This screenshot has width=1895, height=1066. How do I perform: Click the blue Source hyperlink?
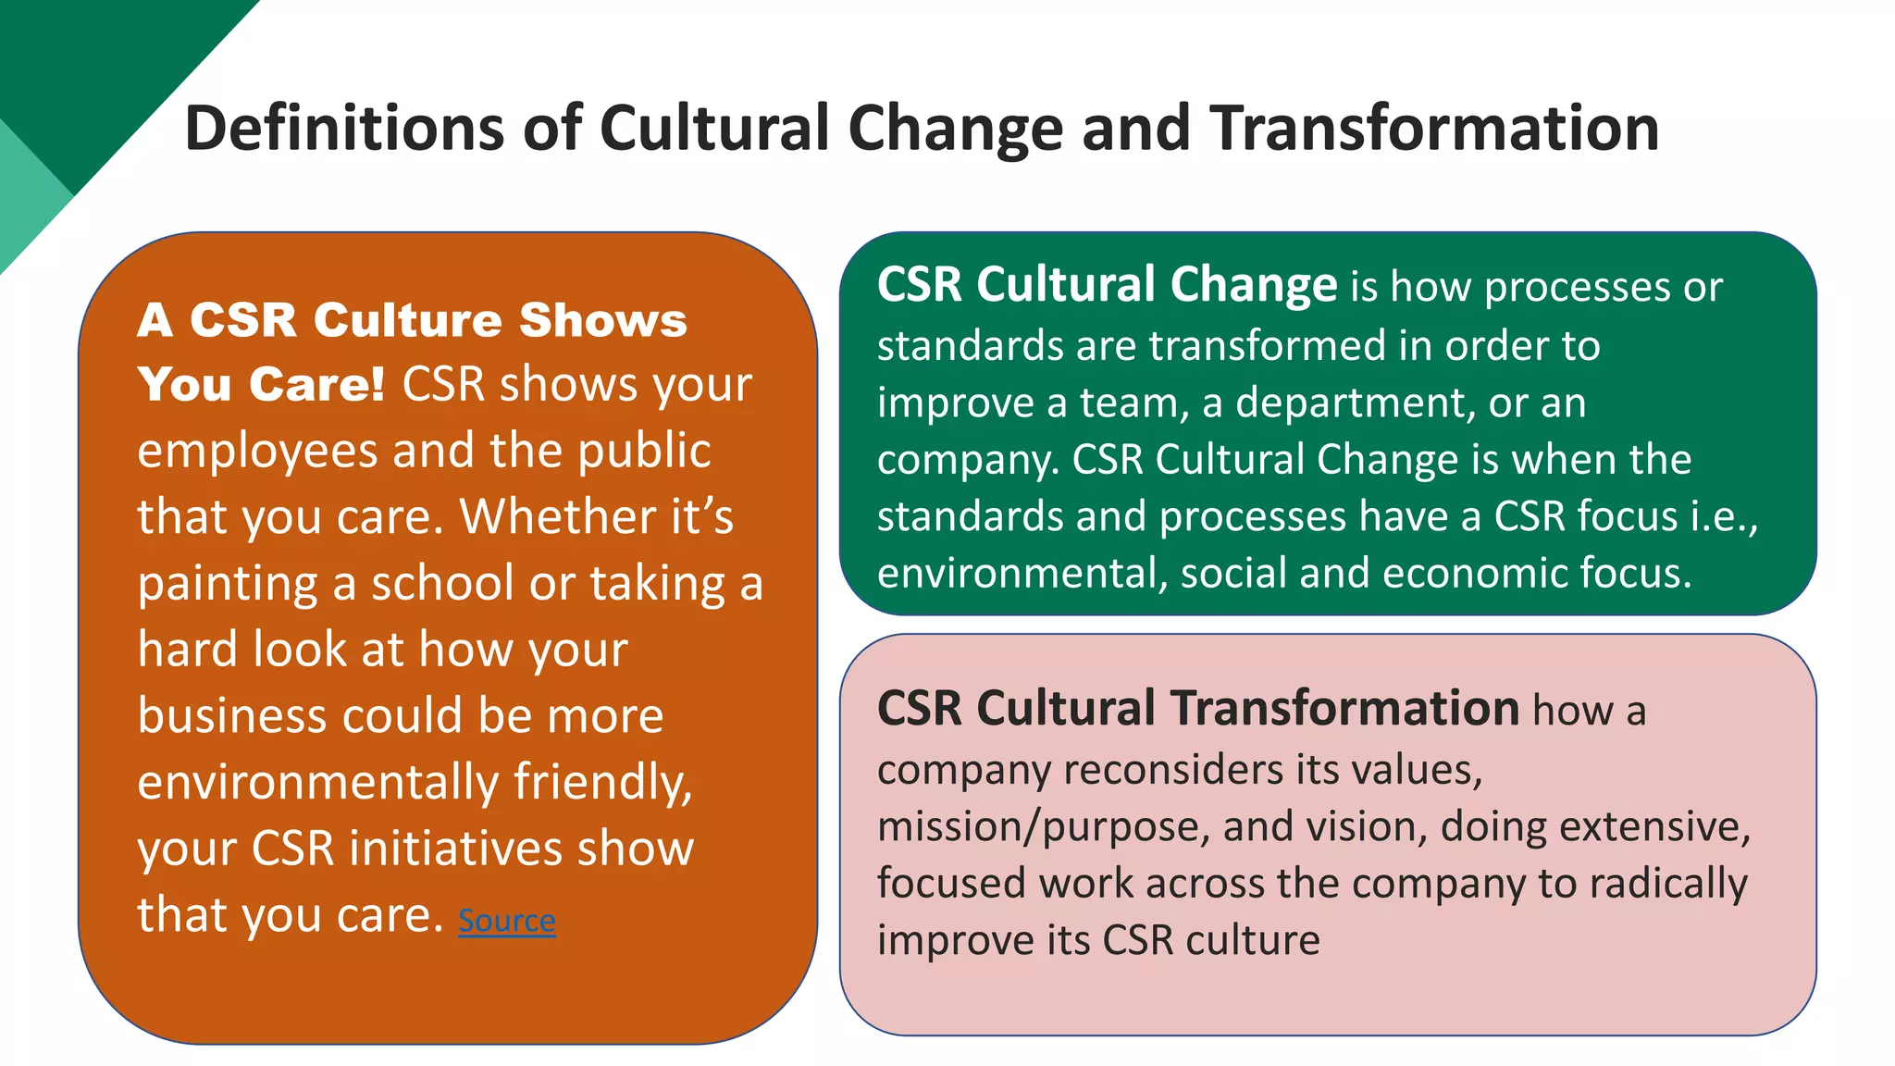[x=506, y=920]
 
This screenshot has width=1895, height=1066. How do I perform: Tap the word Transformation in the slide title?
[x=1434, y=128]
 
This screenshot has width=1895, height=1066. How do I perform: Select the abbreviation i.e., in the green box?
[x=1724, y=516]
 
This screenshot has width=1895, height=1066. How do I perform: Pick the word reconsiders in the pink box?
[x=1172, y=770]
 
